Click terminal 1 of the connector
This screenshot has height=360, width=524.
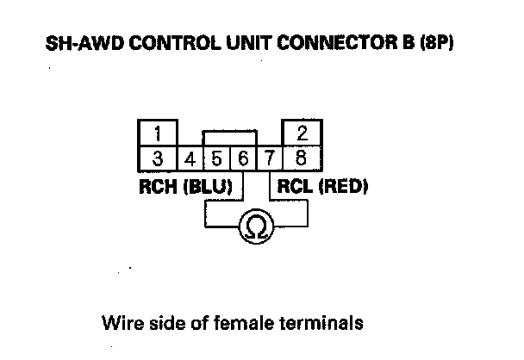(x=158, y=134)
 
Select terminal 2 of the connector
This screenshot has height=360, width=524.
(x=302, y=134)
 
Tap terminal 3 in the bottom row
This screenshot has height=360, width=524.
(x=158, y=158)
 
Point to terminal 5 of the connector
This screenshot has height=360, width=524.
(x=216, y=159)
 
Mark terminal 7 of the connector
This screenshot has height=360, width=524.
(x=269, y=159)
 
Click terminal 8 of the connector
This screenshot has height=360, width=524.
(x=302, y=158)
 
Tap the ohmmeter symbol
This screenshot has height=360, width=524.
(x=256, y=227)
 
